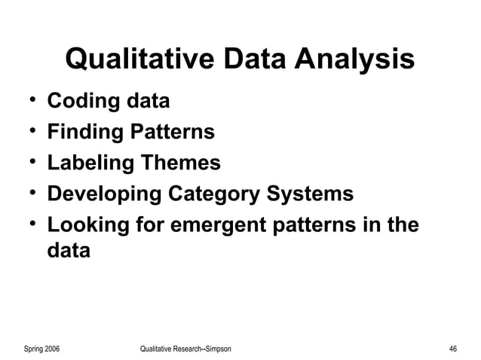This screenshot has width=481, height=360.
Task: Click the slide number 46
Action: [x=452, y=349]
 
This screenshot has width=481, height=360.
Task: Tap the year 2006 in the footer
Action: [x=52, y=349]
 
